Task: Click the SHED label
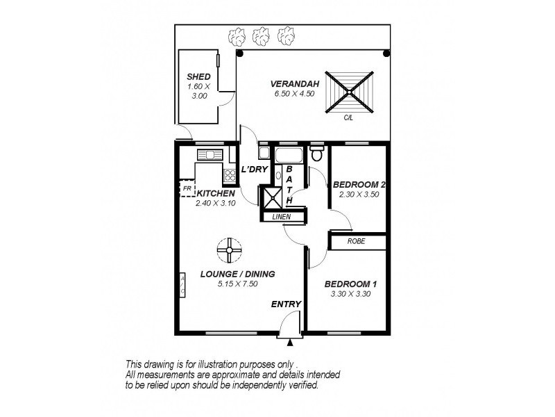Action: pos(198,76)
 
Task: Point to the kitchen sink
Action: pos(208,155)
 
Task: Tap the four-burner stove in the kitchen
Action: pos(230,174)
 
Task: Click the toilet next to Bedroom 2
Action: pos(317,153)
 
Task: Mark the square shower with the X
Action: pos(271,197)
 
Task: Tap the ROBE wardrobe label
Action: pos(357,242)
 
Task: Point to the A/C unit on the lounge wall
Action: pos(182,285)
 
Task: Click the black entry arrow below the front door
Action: pos(290,341)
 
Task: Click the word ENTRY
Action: pos(286,304)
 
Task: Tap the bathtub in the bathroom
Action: pos(289,154)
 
